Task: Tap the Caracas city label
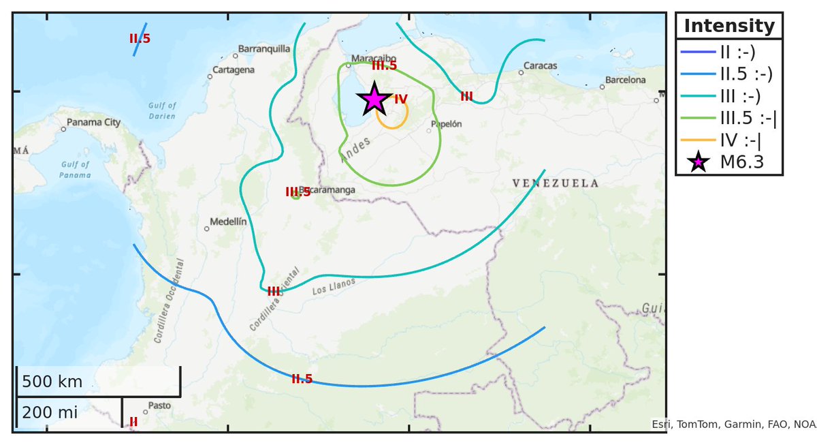click(x=540, y=66)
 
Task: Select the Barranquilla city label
click(x=264, y=49)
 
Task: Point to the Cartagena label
click(x=234, y=70)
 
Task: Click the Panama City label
click(x=93, y=123)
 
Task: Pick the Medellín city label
click(x=228, y=221)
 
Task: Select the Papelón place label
click(x=447, y=124)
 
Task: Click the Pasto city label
click(x=159, y=405)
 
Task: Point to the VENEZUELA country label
click(x=556, y=183)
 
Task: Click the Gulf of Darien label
click(x=162, y=110)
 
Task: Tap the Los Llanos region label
click(x=334, y=287)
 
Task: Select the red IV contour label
click(x=401, y=99)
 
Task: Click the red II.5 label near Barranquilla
click(x=140, y=39)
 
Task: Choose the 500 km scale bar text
click(x=52, y=382)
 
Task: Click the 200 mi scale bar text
click(x=50, y=412)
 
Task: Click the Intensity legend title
click(x=728, y=26)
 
